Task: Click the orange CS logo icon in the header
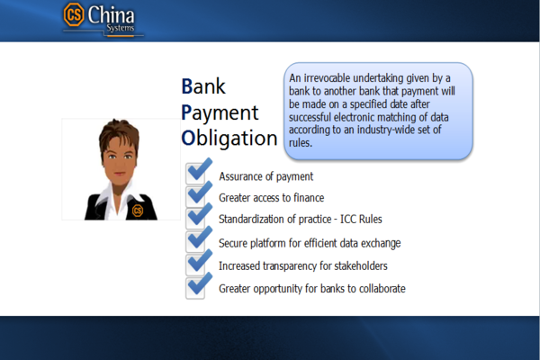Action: (x=75, y=15)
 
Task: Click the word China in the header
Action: (x=112, y=13)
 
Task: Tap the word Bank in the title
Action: (x=203, y=87)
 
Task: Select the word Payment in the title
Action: (x=220, y=112)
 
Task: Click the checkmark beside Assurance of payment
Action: (x=198, y=172)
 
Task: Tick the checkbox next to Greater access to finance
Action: (x=198, y=195)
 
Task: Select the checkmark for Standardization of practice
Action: (x=198, y=218)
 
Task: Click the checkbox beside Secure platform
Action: (x=198, y=241)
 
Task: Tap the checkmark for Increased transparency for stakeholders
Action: (x=198, y=264)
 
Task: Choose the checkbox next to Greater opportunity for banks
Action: (x=198, y=286)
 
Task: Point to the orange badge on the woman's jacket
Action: (x=138, y=210)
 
